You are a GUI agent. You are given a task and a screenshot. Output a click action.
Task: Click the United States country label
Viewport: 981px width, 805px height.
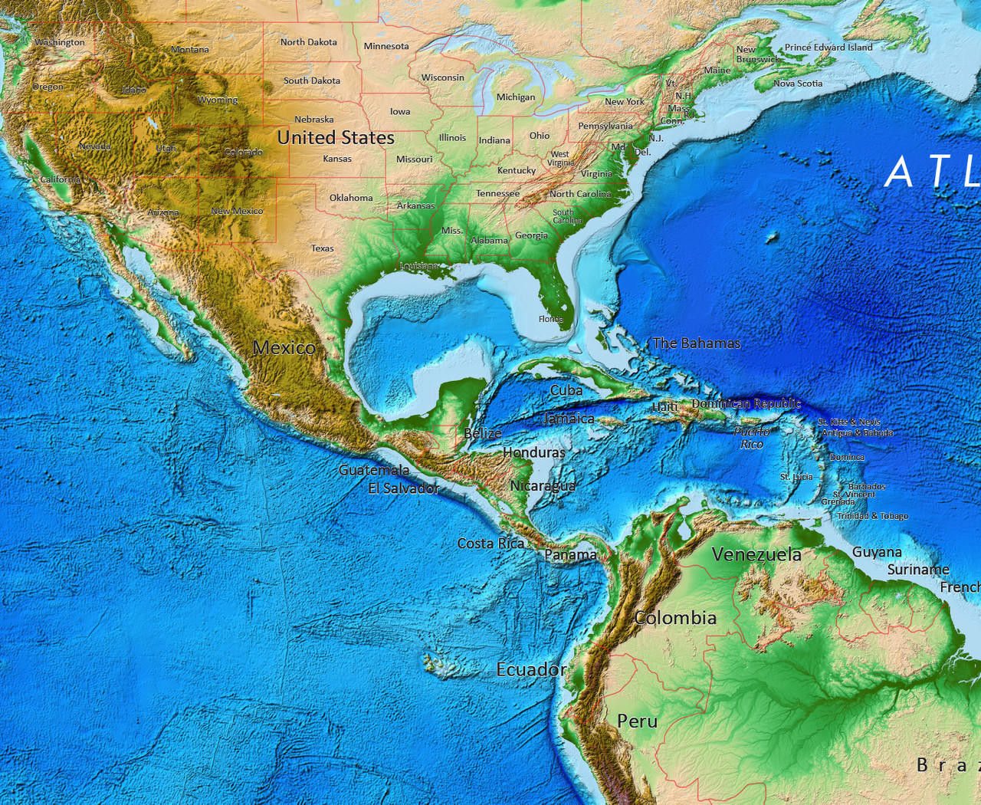pyautogui.click(x=336, y=138)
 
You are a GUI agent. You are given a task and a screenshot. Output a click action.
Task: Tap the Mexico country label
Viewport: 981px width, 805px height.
pyautogui.click(x=284, y=348)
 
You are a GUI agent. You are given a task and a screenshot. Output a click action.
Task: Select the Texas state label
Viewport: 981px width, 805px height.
pyautogui.click(x=322, y=248)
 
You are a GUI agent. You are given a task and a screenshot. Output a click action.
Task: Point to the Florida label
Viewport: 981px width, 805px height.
pyautogui.click(x=550, y=319)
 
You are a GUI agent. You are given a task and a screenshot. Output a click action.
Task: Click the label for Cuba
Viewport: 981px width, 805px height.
pyautogui.click(x=566, y=390)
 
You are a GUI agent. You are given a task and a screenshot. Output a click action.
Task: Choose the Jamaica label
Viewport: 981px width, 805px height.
pyautogui.click(x=569, y=419)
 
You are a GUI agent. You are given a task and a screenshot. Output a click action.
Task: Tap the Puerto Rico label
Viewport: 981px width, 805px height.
pyautogui.click(x=752, y=438)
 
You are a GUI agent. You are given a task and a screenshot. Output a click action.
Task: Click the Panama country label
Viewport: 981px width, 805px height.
pyautogui.click(x=570, y=554)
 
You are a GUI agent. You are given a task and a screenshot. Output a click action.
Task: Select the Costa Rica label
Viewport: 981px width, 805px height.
pyautogui.click(x=490, y=544)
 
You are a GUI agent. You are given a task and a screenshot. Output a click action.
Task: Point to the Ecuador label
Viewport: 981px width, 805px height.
pyautogui.click(x=531, y=670)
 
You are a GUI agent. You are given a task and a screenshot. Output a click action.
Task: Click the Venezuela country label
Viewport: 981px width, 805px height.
pyautogui.click(x=756, y=554)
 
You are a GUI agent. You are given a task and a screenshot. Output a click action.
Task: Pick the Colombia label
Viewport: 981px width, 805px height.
pyautogui.click(x=675, y=618)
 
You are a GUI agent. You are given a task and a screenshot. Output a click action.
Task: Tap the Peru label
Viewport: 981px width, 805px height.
pyautogui.click(x=637, y=721)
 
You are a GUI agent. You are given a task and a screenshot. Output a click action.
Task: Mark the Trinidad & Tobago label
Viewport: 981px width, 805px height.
pyautogui.click(x=872, y=516)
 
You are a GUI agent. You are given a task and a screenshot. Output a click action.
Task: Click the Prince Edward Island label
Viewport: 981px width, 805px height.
pyautogui.click(x=828, y=48)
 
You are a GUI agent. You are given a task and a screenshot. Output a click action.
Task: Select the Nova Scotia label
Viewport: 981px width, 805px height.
pyautogui.click(x=797, y=84)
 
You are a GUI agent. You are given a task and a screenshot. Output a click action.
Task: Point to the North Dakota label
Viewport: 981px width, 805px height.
pyautogui.click(x=308, y=42)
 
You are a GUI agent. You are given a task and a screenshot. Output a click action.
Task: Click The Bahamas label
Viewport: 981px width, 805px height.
pyautogui.click(x=696, y=343)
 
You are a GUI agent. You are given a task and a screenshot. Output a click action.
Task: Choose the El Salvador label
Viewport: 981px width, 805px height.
pyautogui.click(x=403, y=488)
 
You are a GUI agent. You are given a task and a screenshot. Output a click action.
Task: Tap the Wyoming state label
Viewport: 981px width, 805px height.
pyautogui.click(x=218, y=100)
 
